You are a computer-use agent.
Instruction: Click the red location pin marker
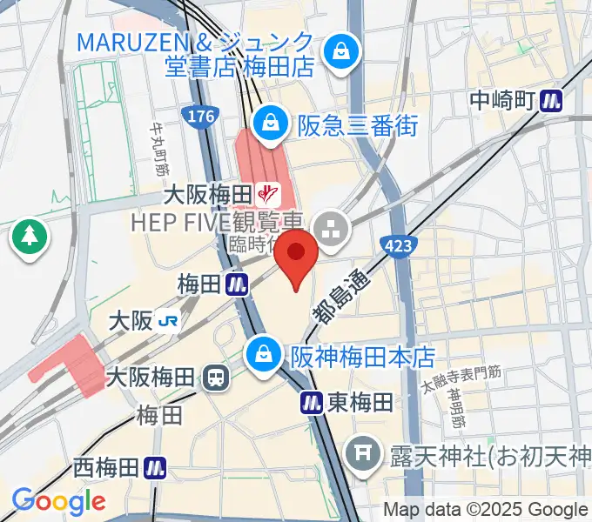tap(297, 256)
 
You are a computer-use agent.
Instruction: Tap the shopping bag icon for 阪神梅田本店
tap(262, 353)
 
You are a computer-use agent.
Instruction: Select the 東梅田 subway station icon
tap(313, 401)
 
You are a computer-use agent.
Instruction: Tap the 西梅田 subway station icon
tap(155, 467)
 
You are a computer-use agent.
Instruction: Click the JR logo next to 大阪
tap(169, 321)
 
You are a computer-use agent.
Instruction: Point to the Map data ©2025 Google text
tap(486, 509)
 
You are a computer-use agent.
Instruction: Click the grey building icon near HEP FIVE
tap(331, 232)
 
